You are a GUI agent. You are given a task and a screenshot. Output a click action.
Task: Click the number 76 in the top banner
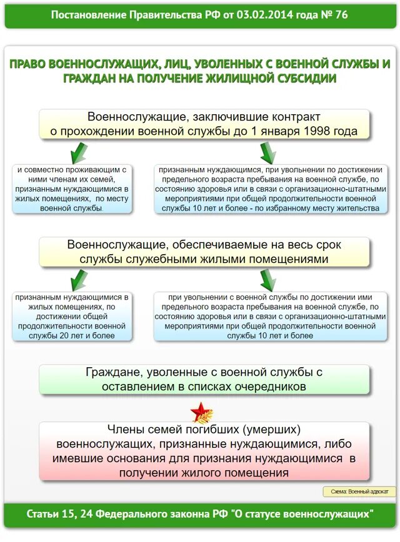point(341,14)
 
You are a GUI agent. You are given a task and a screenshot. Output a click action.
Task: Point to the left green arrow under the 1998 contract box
point(78,151)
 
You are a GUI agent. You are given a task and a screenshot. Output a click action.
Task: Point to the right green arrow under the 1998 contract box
point(267,151)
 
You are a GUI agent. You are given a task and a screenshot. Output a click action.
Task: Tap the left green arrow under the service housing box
point(78,279)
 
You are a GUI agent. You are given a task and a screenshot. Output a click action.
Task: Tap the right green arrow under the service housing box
point(267,279)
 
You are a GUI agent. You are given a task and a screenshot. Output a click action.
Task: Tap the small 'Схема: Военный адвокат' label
point(359,491)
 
